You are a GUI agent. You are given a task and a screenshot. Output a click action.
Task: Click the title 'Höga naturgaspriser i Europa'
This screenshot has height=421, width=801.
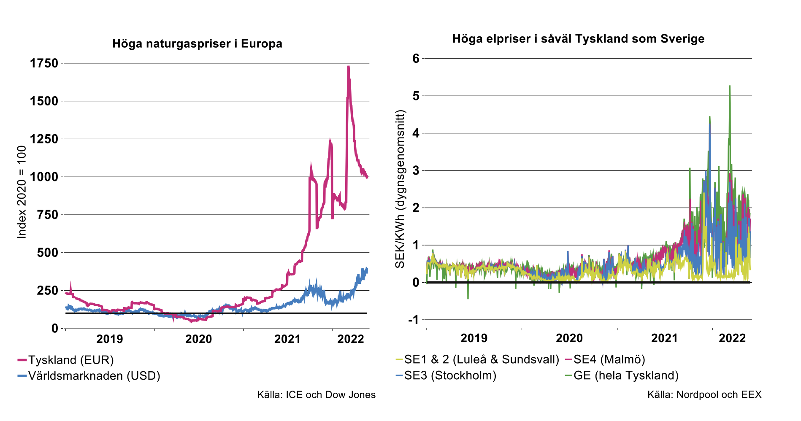click(x=197, y=44)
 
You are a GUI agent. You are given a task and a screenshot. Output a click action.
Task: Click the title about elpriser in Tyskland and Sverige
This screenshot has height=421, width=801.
click(x=578, y=39)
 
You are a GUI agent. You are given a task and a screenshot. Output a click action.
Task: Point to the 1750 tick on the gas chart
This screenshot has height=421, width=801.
click(x=44, y=63)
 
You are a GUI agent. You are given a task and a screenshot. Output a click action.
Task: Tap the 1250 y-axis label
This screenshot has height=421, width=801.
click(x=44, y=139)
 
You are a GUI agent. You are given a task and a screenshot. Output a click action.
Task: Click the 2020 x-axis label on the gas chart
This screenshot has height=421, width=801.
click(x=198, y=339)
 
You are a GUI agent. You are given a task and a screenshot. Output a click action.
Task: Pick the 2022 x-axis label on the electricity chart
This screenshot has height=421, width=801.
click(x=732, y=338)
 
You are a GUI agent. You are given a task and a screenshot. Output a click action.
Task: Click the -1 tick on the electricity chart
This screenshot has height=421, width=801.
click(x=414, y=319)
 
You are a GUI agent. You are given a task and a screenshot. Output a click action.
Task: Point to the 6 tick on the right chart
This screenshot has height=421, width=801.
click(x=416, y=58)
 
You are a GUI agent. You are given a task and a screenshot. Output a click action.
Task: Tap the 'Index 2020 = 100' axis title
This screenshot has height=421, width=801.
click(x=22, y=192)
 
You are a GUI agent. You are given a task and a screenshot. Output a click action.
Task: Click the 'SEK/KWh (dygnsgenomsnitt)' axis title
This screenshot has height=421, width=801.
click(x=400, y=189)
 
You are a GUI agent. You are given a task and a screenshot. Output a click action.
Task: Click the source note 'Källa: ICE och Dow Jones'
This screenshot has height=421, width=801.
click(x=316, y=395)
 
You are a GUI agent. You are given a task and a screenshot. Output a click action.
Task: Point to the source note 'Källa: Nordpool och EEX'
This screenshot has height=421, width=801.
click(x=704, y=395)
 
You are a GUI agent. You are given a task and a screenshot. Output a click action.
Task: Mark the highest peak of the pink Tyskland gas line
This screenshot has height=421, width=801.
click(x=348, y=67)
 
